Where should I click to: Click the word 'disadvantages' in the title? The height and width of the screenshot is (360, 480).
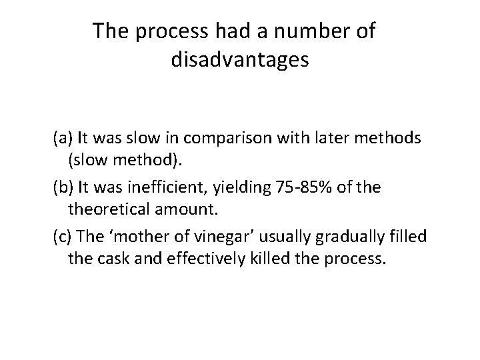pyautogui.click(x=240, y=60)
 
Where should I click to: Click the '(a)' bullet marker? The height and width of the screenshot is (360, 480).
pyautogui.click(x=63, y=139)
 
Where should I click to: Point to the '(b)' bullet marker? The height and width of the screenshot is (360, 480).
pyautogui.click(x=64, y=188)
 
